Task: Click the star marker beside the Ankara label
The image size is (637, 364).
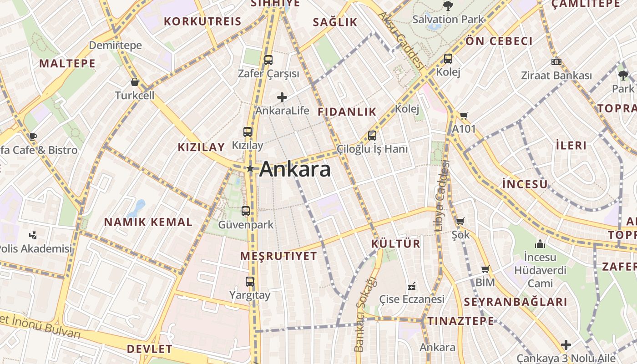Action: click(x=250, y=169)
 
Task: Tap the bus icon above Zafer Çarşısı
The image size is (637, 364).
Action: click(x=268, y=60)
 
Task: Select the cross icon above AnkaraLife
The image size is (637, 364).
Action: click(x=282, y=97)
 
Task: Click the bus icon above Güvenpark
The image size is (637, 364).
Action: click(x=246, y=211)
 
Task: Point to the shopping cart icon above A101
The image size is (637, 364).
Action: click(x=464, y=116)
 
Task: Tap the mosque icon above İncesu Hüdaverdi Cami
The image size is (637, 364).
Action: click(x=540, y=244)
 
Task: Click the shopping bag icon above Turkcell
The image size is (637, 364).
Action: click(x=135, y=82)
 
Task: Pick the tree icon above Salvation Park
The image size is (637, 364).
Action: click(x=448, y=5)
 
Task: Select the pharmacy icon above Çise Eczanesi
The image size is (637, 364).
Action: click(x=412, y=286)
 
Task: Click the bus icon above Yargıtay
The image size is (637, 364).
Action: click(x=250, y=282)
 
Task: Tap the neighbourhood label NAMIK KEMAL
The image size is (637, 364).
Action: click(x=148, y=222)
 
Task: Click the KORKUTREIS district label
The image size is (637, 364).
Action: click(x=202, y=21)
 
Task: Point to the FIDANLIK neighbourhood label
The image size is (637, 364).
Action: click(x=347, y=111)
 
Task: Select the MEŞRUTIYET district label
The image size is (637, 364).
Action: click(x=278, y=256)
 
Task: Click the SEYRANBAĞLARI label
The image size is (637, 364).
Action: click(x=516, y=302)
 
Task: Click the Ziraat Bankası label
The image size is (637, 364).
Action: click(x=556, y=76)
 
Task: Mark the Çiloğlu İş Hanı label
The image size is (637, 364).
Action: click(x=372, y=149)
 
